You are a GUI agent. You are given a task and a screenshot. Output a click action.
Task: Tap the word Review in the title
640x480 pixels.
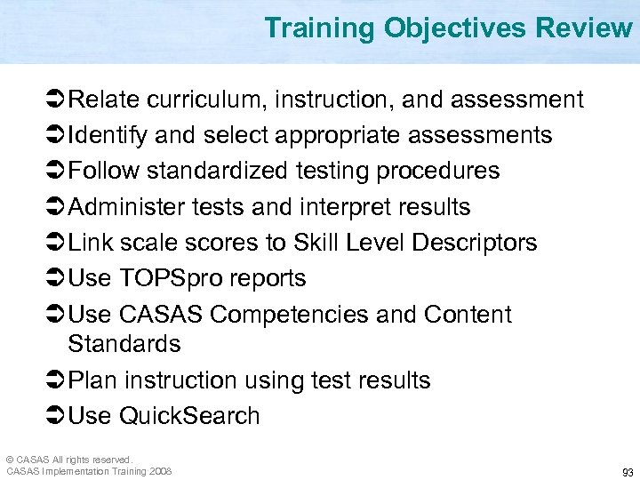pyautogui.click(x=583, y=28)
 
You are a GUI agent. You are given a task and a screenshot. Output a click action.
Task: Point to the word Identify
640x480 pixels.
pyautogui.click(x=108, y=135)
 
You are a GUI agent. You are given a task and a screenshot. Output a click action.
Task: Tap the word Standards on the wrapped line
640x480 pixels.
pyautogui.click(x=124, y=343)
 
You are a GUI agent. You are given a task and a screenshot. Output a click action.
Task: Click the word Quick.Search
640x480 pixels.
pyautogui.click(x=189, y=416)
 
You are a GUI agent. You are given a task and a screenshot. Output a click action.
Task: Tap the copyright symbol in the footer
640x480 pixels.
pyautogui.click(x=10, y=459)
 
